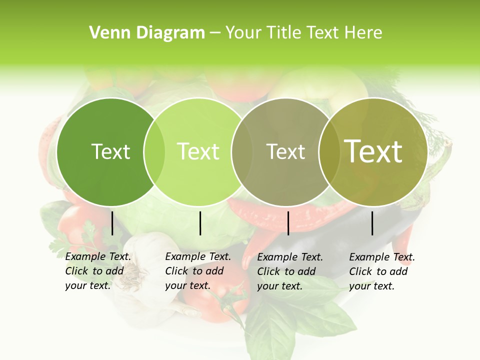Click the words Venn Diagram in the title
coord(147,33)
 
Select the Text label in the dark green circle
coord(110,151)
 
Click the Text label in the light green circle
coord(198,151)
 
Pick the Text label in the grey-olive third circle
coord(285,151)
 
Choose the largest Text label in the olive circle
coord(373,151)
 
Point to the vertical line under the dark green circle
coord(112,223)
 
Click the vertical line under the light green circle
coord(200,223)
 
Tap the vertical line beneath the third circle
coord(288,223)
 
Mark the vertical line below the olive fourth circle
coord(372,223)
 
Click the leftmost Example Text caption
coord(97,271)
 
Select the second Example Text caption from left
coord(197,271)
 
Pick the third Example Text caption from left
coord(289,271)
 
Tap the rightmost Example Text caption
coord(381,271)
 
